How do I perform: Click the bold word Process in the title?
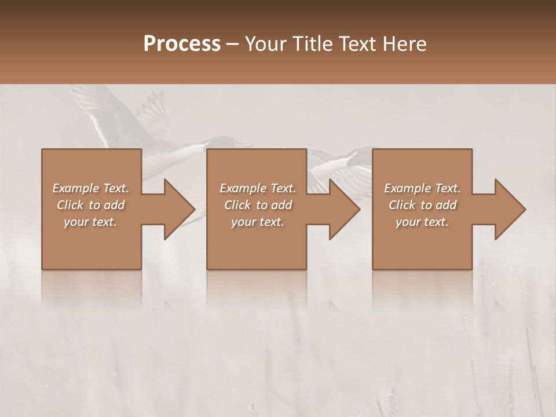click(182, 44)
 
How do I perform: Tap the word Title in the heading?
click(310, 44)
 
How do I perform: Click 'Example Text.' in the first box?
click(90, 188)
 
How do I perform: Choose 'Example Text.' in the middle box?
click(258, 188)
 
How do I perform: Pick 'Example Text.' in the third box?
click(422, 188)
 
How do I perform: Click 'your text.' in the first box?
click(90, 222)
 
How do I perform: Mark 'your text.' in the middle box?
click(258, 222)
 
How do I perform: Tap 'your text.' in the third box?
click(422, 222)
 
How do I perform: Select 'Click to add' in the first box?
click(90, 205)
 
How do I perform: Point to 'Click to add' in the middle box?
click(258, 205)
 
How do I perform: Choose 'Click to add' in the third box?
click(422, 205)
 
